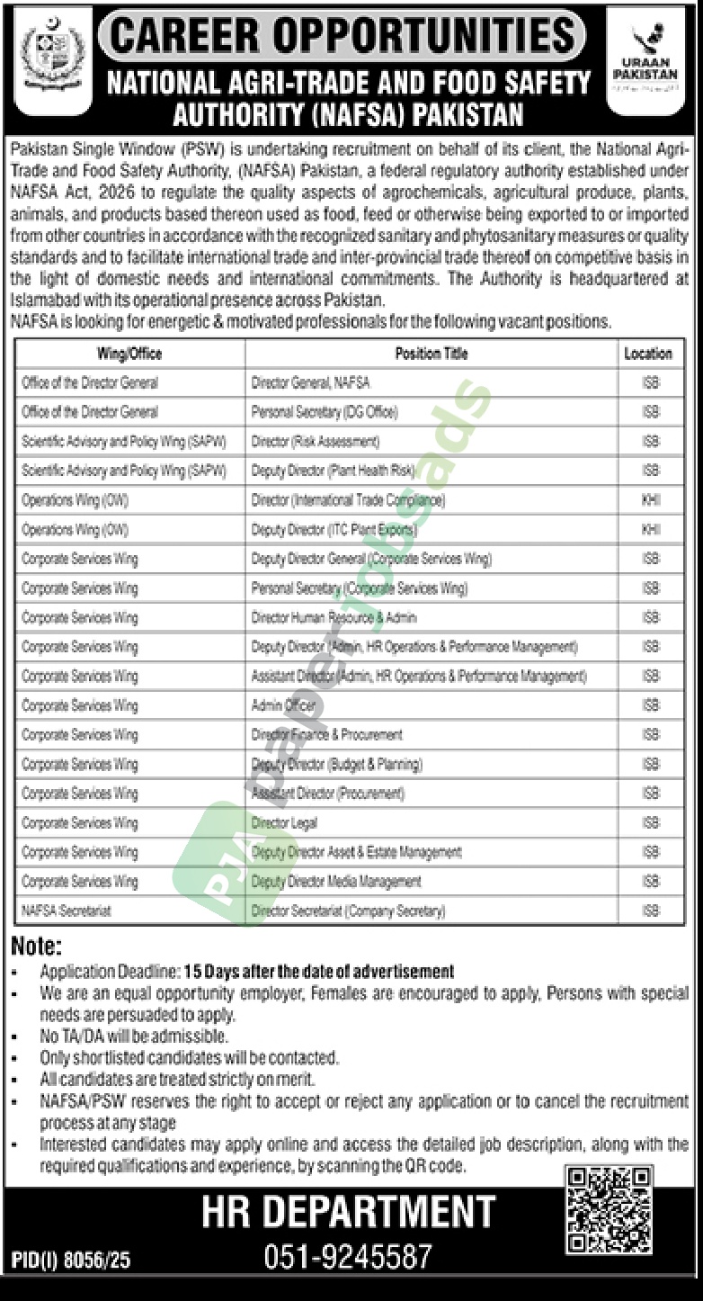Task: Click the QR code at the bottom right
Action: tap(608, 1210)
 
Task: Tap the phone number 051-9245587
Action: tap(348, 1256)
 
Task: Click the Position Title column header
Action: tap(432, 354)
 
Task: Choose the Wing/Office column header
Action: tap(129, 354)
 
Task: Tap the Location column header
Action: tap(648, 354)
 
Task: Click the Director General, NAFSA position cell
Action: tap(310, 382)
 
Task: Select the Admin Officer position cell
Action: tap(283, 705)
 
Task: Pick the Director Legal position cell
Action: tap(284, 822)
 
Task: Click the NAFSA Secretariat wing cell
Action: tap(67, 911)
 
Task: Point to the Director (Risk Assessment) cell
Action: tap(316, 442)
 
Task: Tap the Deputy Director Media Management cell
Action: tap(336, 882)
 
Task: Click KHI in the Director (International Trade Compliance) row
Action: tap(651, 500)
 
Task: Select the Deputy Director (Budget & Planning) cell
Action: tap(337, 765)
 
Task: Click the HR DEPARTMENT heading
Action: tap(348, 1212)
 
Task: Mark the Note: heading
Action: tap(37, 947)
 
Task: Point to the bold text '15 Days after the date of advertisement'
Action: tap(319, 972)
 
